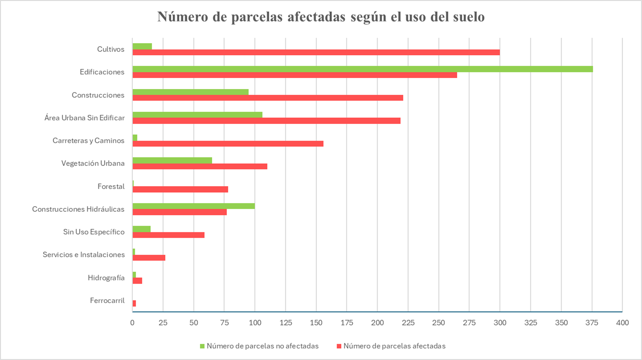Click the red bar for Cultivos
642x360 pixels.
316,52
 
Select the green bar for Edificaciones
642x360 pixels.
362,69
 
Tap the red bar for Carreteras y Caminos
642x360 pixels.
228,144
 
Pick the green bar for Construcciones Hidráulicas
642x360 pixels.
193,206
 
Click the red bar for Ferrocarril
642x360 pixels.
134,303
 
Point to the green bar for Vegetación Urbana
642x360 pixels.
172,160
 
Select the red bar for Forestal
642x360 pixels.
180,189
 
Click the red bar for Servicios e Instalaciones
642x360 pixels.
149,258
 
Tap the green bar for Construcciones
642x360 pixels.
190,92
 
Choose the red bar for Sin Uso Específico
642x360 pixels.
168,235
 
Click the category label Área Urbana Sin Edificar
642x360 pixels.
84,118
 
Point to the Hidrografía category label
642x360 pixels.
106,278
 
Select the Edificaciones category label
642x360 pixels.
102,72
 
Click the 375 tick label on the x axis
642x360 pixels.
592,323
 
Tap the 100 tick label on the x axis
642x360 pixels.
255,323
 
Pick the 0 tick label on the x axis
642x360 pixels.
132,323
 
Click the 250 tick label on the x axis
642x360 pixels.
439,323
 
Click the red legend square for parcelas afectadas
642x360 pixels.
339,346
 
